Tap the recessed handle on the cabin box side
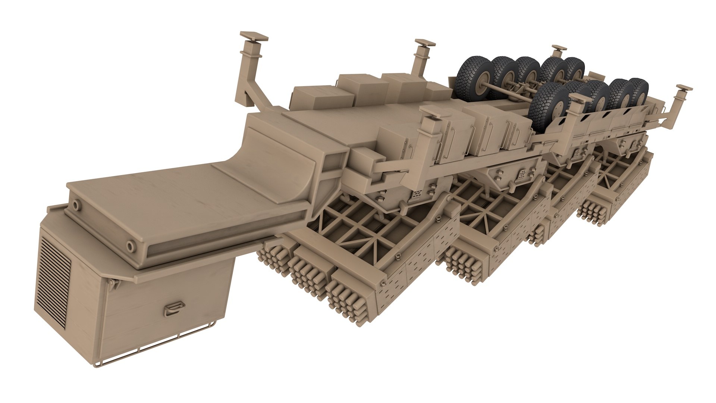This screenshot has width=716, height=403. pyautogui.click(x=173, y=308)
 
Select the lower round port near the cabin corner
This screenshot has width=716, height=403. pyautogui.click(x=130, y=246)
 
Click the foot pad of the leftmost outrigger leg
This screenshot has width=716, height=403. pyautogui.click(x=255, y=37)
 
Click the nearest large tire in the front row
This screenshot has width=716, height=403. pyautogui.click(x=547, y=104)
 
